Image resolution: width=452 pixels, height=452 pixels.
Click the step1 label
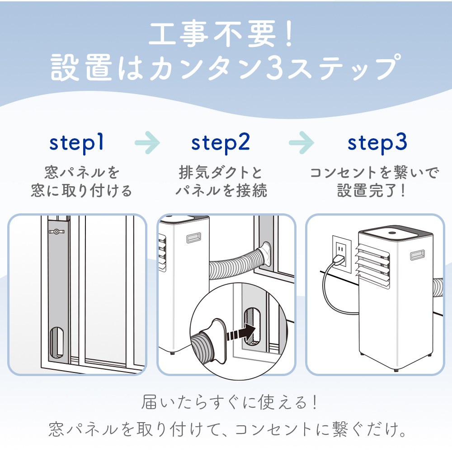pyautogui.click(x=77, y=142)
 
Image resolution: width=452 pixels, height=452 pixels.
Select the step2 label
pyautogui.click(x=221, y=142)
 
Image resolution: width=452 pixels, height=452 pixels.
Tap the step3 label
pyautogui.click(x=377, y=142)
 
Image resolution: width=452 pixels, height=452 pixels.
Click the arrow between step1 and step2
pyautogui.click(x=147, y=143)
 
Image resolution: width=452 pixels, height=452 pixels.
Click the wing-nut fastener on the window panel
pyautogui.click(x=56, y=232)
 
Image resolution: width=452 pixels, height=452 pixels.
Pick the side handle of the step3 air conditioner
pyautogui.click(x=419, y=255)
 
